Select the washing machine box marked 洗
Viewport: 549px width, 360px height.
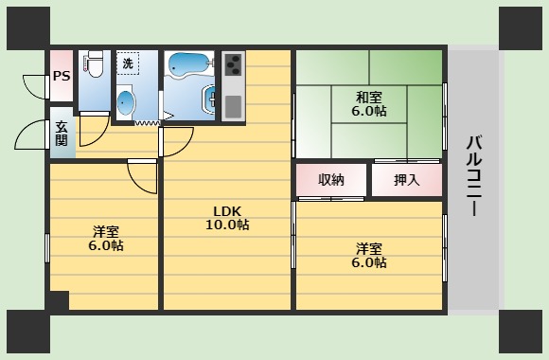coord(128,63)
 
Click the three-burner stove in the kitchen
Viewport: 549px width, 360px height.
coord(233,65)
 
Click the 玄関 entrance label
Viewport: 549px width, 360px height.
coord(62,134)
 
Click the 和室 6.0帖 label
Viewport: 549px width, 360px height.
coord(370,103)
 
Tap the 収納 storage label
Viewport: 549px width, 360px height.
coord(331,180)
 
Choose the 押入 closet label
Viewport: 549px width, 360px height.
coord(406,180)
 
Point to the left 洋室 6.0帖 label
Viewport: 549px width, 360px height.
coord(107,238)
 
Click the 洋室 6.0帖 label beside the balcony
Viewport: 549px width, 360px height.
coord(370,256)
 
